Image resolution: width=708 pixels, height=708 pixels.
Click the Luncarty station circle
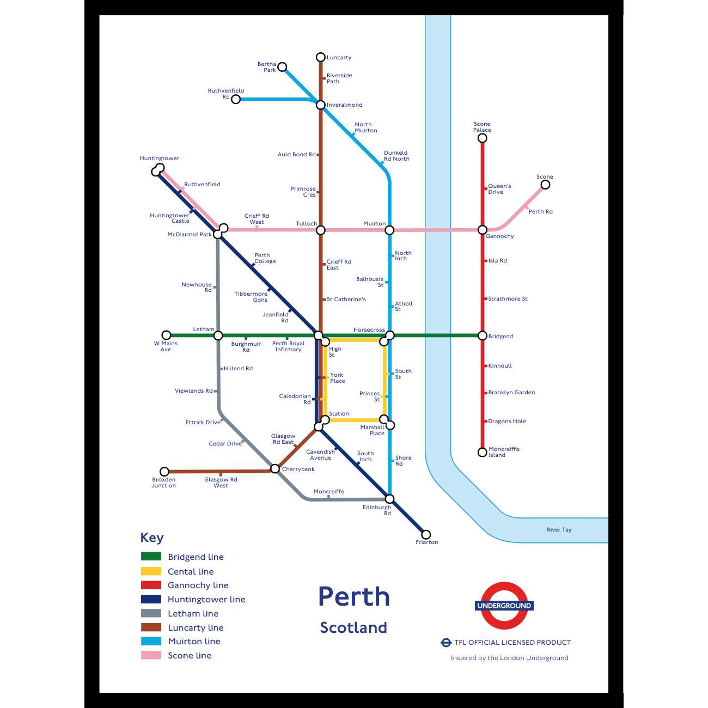point(321,57)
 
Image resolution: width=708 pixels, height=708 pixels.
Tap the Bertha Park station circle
point(282,67)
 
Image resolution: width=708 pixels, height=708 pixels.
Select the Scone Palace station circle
point(482,138)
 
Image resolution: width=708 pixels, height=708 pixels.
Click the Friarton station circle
point(426,534)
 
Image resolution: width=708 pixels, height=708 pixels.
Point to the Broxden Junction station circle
point(164,471)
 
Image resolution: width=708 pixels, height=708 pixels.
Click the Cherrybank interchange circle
point(275,468)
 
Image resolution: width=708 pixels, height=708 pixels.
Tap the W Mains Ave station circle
point(167,335)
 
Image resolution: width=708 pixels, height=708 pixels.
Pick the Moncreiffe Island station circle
point(482,452)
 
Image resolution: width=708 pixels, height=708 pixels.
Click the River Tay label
point(559,529)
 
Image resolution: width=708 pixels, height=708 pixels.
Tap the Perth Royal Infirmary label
point(288,346)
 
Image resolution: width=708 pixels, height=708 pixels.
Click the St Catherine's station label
point(346,299)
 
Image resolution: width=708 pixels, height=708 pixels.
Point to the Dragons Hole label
point(506,421)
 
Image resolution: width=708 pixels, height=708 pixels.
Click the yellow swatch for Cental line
point(151,571)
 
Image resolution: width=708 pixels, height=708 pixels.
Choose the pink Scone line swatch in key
point(151,655)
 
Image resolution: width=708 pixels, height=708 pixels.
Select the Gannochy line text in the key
point(198,585)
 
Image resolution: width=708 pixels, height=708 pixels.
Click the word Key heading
point(151,538)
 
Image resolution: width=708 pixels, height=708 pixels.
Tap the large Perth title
point(354,596)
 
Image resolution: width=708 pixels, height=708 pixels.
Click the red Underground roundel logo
point(504,606)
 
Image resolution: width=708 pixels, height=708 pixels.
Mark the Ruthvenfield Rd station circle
point(236,99)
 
